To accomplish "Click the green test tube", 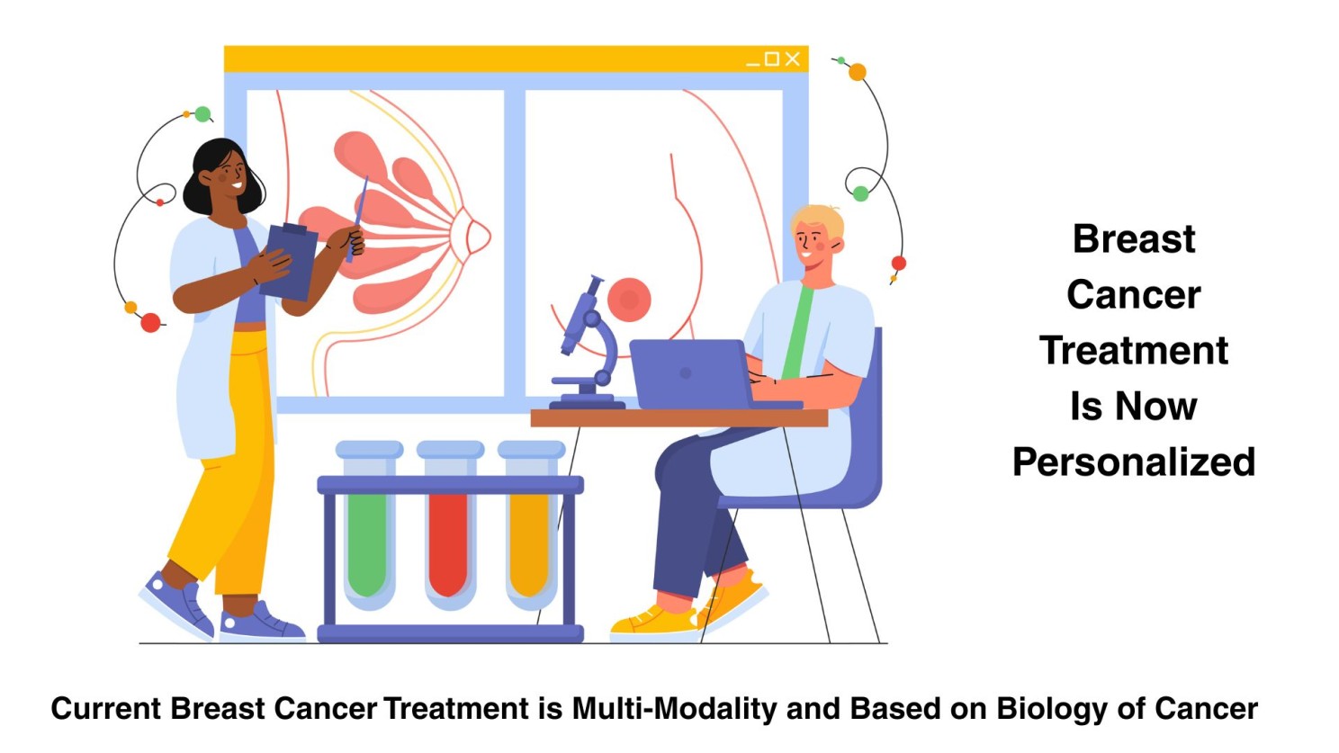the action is coord(369,526).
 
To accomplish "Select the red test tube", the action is coord(450,526).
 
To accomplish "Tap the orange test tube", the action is coord(531,526).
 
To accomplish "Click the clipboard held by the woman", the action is coord(290,262).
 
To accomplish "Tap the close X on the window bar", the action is coord(793,58).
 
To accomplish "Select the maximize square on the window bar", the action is coord(772,58).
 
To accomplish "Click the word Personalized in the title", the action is coord(1133,462).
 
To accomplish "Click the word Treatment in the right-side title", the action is coord(1133,350).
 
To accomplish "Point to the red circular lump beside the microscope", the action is coord(629,300).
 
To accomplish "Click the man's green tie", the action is coord(798,332).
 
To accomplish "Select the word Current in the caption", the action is coord(106,709).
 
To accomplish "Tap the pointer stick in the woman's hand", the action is coord(357,219).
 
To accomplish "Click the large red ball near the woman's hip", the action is coord(150,323).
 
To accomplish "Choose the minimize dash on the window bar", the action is coord(752,64).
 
